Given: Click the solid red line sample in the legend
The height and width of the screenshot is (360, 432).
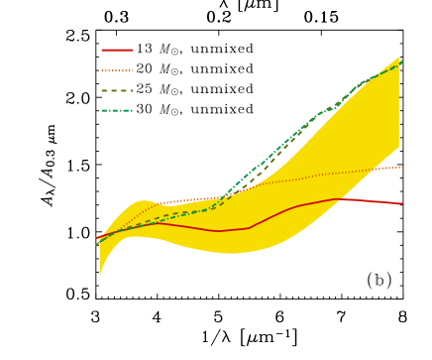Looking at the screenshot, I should click(x=117, y=50).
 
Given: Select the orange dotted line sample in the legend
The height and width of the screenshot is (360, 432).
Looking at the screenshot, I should click(x=117, y=70).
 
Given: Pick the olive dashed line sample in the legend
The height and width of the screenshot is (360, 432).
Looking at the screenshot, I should click(x=117, y=90).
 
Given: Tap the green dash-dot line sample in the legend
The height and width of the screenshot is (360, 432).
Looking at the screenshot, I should click(x=117, y=110).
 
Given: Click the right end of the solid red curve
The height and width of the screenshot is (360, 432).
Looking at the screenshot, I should click(x=402, y=203).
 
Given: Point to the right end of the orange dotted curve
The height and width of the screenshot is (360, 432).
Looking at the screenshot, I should click(x=402, y=167).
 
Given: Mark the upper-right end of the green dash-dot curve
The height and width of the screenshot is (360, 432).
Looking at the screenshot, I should click(x=402, y=61).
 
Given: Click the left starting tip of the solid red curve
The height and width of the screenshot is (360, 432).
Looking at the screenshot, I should click(x=96, y=239).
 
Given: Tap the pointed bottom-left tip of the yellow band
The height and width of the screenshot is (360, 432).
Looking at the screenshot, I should click(x=100, y=274).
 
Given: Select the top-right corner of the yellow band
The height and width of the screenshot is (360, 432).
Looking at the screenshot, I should click(x=399, y=58).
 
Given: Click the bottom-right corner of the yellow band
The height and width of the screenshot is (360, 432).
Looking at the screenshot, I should click(x=399, y=148).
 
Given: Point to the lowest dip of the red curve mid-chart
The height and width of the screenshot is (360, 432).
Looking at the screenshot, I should click(x=219, y=231).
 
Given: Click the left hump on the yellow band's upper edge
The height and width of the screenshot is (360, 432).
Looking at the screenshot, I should click(x=142, y=200).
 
